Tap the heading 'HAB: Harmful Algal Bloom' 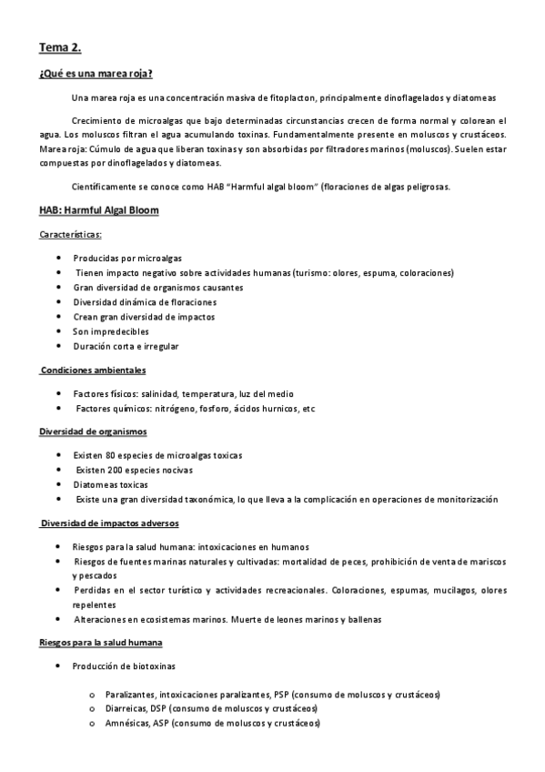98,210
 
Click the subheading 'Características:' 71,234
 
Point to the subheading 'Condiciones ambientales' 94,371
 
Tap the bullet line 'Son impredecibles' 111,331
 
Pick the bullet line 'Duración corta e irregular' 126,346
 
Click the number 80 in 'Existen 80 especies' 111,454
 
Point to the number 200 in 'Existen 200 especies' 116,469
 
